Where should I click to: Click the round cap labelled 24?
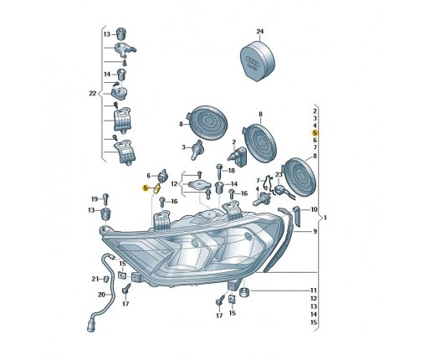[x=259, y=61]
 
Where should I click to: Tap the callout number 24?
[x=259, y=32]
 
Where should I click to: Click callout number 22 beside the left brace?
[x=92, y=94]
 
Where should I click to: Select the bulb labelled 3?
[x=197, y=149]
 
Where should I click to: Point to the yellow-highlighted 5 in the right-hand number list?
[x=315, y=133]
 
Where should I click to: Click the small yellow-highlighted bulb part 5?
[x=157, y=189]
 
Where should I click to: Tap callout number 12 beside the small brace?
[x=174, y=184]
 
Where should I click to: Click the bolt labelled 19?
[x=105, y=199]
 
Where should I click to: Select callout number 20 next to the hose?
[x=101, y=295]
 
